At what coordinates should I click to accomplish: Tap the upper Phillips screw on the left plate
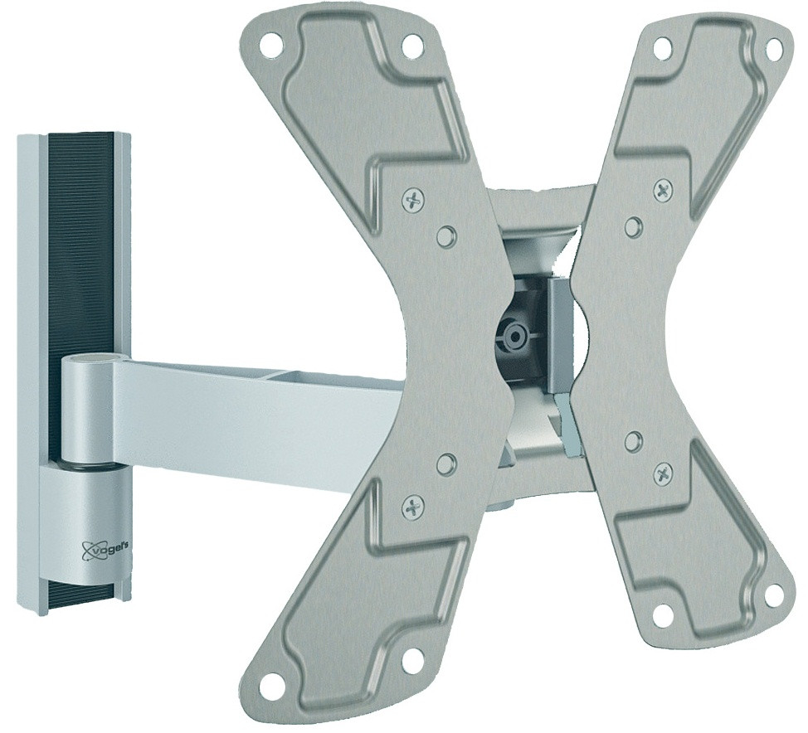click(413, 199)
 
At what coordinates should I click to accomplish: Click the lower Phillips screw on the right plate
click(664, 474)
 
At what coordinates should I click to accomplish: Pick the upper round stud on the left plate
click(446, 236)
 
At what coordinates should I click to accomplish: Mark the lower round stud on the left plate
click(446, 463)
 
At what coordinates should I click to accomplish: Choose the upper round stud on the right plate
click(634, 226)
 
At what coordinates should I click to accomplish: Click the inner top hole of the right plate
click(662, 48)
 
